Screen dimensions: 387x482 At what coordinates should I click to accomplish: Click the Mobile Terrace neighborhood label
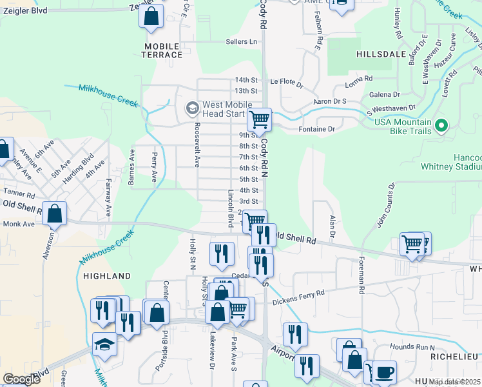pos(163,50)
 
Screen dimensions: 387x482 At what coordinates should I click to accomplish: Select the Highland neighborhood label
pos(107,276)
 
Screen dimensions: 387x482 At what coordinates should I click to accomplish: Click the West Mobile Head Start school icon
pos(191,108)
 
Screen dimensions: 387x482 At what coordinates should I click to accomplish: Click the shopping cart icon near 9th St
pos(259,119)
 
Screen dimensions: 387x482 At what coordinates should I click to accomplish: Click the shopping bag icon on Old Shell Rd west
pos(55,213)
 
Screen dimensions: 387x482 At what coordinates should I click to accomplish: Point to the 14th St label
pos(246,80)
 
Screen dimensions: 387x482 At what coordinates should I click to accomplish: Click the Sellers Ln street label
pos(241,42)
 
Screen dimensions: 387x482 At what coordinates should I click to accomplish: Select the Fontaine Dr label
pos(317,130)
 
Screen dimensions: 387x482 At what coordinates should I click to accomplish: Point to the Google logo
pos(21,379)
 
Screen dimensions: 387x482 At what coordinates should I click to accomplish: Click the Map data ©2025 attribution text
pos(455,382)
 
